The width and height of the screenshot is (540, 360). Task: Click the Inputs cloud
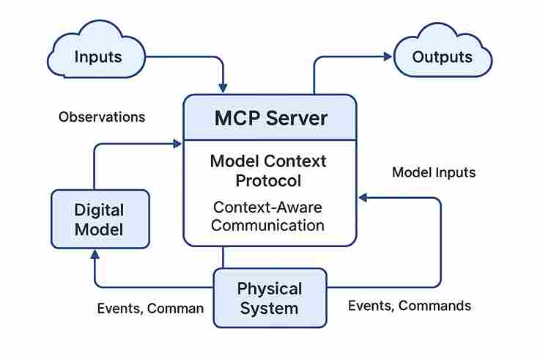tap(98, 56)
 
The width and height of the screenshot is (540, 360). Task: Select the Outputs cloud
tap(443, 56)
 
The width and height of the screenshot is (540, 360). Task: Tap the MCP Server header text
tap(270, 118)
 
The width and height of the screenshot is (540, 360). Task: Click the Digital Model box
tap(100, 219)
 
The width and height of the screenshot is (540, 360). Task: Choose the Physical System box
tap(269, 298)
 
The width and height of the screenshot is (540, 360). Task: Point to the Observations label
tap(102, 117)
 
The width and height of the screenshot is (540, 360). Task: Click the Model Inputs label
tap(434, 173)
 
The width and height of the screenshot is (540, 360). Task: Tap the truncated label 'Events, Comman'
tap(150, 308)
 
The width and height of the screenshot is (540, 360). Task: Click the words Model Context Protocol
tap(268, 170)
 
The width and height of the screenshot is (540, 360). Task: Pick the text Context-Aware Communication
tap(268, 216)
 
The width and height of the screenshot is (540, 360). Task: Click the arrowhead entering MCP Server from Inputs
tap(223, 88)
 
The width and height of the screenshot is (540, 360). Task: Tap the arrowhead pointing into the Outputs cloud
tap(388, 56)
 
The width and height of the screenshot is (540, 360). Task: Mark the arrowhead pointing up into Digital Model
tap(94, 254)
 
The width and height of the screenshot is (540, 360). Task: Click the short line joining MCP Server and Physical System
tap(223, 257)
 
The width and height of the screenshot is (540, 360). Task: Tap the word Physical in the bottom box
tap(269, 289)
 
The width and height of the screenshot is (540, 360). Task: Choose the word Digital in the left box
tap(99, 210)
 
